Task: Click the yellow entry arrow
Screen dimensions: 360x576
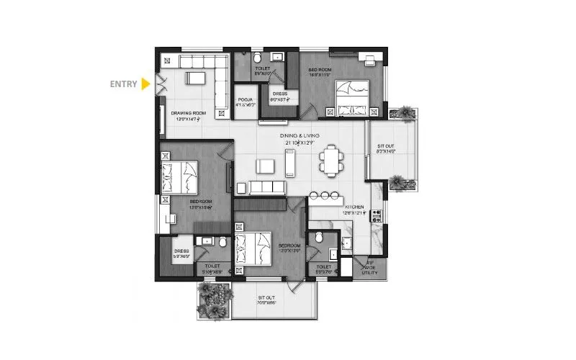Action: click(145, 84)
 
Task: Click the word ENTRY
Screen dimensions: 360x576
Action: click(123, 84)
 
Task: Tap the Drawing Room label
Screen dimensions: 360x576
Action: click(189, 116)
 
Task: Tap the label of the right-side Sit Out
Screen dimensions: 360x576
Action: click(387, 149)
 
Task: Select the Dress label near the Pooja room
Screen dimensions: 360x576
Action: click(280, 96)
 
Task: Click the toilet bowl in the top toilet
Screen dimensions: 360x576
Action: click(258, 58)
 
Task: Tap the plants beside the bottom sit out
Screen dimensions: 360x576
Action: click(213, 300)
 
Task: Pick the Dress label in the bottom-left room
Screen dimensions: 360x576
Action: click(181, 252)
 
